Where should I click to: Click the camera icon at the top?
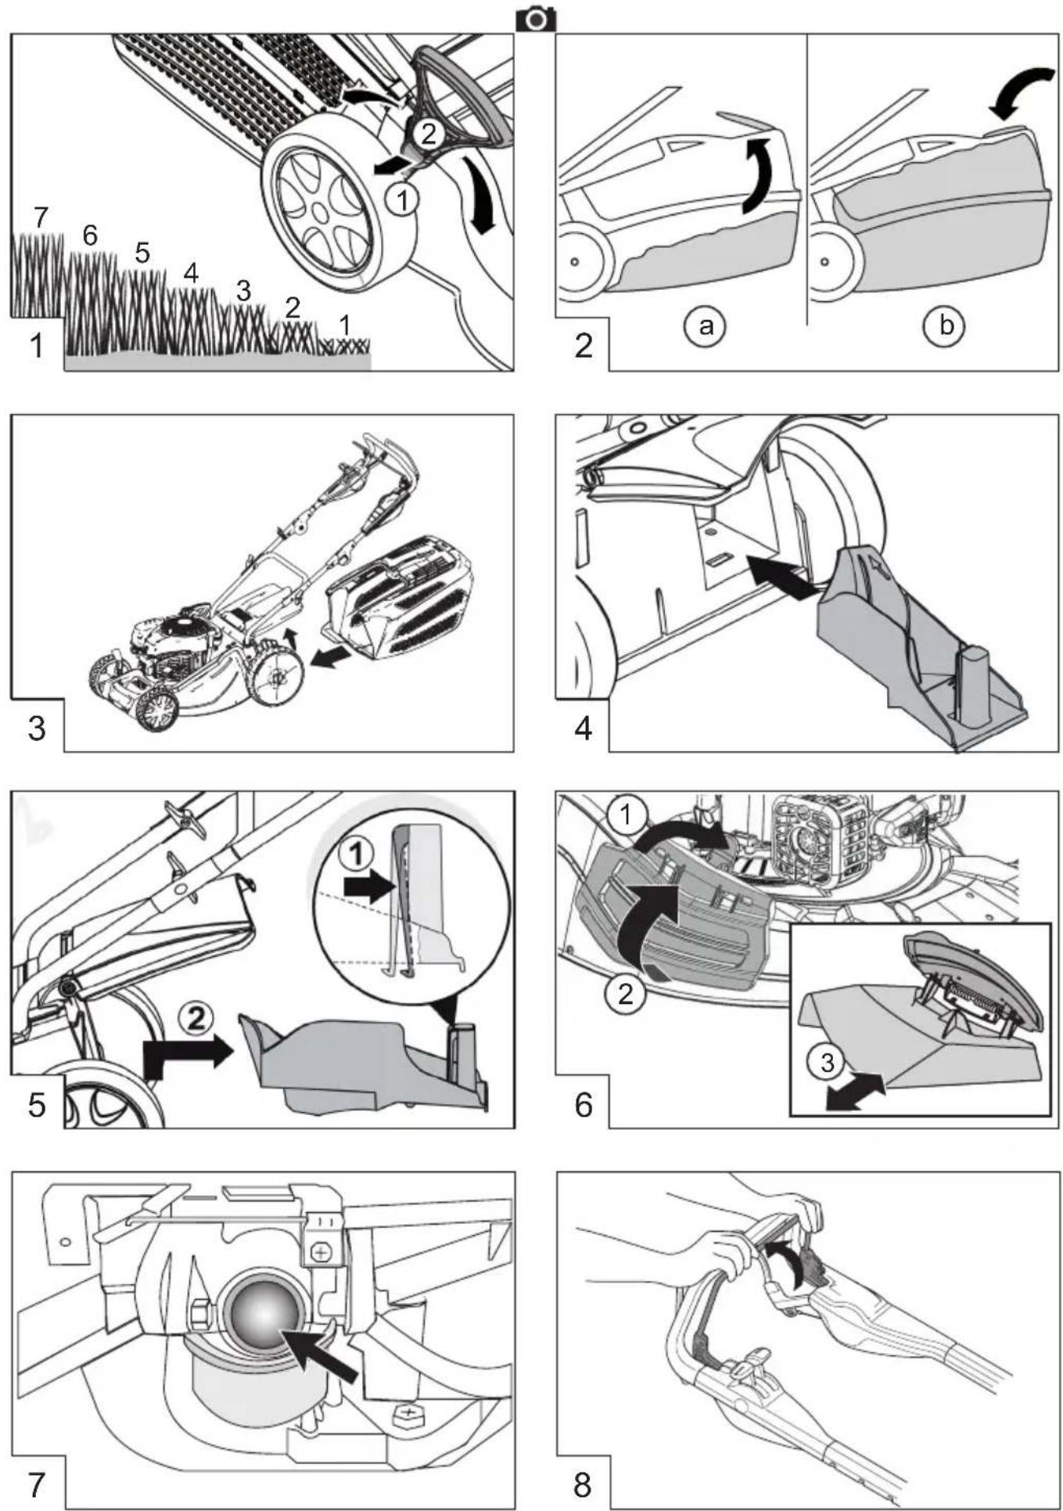(536, 19)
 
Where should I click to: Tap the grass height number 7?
(41, 217)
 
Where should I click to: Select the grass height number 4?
(191, 273)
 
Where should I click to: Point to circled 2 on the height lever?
(427, 135)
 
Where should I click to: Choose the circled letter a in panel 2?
(705, 325)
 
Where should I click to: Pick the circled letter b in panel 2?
(946, 325)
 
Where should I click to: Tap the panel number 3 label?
(37, 729)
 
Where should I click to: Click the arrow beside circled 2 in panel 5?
(189, 1053)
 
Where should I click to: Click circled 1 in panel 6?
(626, 816)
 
